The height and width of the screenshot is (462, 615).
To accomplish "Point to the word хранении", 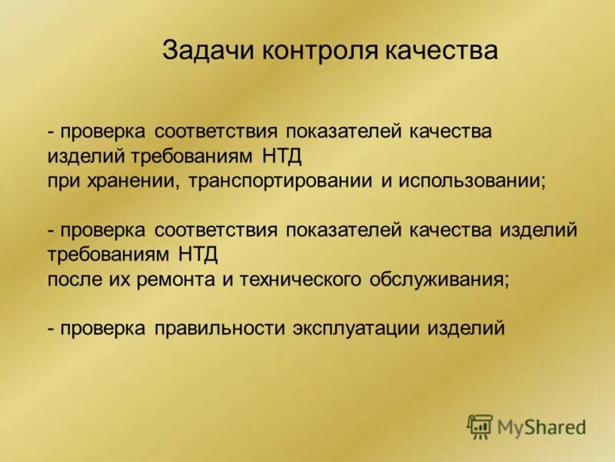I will pyautogui.click(x=125, y=181).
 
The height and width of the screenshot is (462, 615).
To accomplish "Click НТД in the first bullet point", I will pyautogui.click(x=283, y=156).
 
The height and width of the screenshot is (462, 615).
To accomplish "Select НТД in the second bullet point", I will pyautogui.click(x=202, y=255).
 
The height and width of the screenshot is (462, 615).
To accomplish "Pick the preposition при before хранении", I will pyautogui.click(x=62, y=181).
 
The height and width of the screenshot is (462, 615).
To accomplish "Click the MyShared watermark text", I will pyautogui.click(x=541, y=426).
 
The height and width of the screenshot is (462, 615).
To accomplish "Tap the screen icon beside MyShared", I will pyautogui.click(x=480, y=426).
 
